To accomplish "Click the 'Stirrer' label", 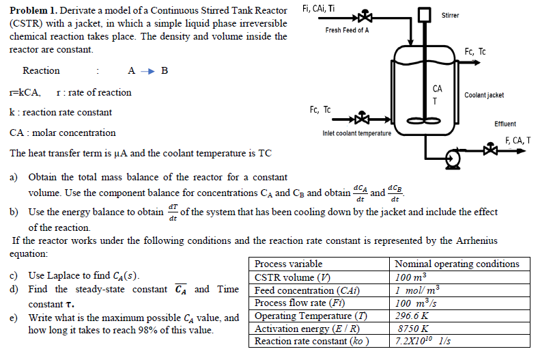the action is tap(450, 15).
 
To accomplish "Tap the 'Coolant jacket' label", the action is tap(484, 95).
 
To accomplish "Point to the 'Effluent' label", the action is tap(505, 124).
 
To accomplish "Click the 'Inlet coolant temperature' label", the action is tap(356, 133).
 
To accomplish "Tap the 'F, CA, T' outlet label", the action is tap(517, 141).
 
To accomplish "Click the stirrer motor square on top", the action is tap(426, 15).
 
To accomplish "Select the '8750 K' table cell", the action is tap(410, 328).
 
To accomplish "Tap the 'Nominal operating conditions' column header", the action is tap(457, 264).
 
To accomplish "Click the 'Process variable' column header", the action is tap(288, 264).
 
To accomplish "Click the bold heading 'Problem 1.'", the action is tap(33, 11).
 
